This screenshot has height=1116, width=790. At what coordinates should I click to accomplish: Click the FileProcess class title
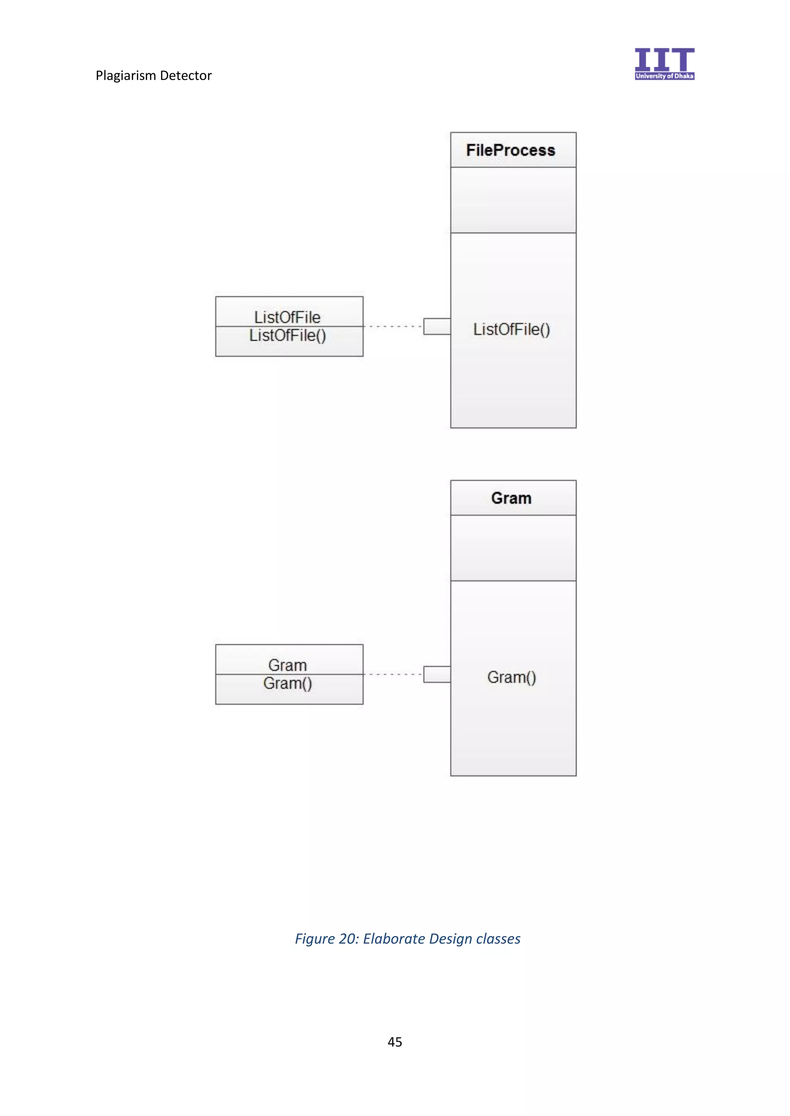510,150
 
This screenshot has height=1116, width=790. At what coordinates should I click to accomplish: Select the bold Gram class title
511,498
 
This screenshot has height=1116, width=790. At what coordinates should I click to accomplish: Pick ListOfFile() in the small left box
287,335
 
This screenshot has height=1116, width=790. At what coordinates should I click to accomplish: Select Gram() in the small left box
287,683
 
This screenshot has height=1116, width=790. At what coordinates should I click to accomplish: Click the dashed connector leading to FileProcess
393,327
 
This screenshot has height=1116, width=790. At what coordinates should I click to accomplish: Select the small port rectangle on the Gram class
437,674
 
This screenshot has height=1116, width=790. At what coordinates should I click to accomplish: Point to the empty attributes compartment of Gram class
513,548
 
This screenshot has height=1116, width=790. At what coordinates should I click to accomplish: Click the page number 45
395,1042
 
